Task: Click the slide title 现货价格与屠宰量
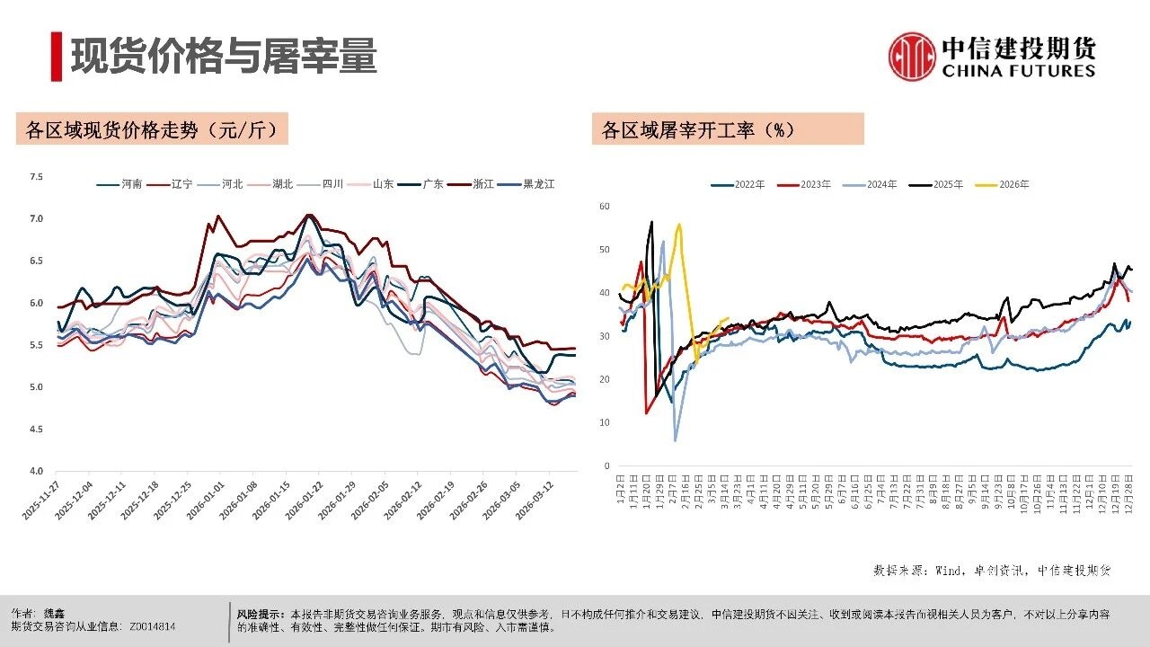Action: pyautogui.click(x=224, y=56)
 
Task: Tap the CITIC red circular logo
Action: pyautogui.click(x=912, y=56)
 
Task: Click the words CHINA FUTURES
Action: pyautogui.click(x=1019, y=71)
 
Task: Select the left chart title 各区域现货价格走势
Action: pyautogui.click(x=152, y=129)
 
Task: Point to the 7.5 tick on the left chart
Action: pyautogui.click(x=36, y=177)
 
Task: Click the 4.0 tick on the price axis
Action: pyautogui.click(x=36, y=471)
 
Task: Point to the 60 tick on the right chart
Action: pyautogui.click(x=605, y=207)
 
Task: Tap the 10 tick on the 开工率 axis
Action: pyautogui.click(x=605, y=422)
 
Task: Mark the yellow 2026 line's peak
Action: pyautogui.click(x=678, y=225)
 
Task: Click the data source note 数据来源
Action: pyautogui.click(x=992, y=570)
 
